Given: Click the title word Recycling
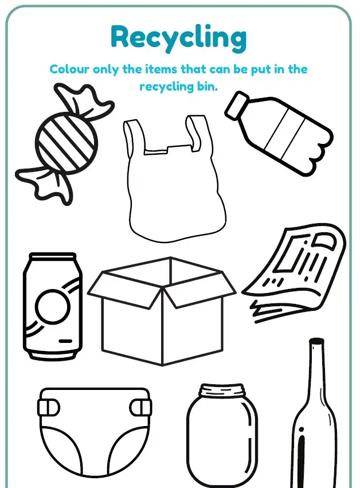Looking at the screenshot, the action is (179, 38).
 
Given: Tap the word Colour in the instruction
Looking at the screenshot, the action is (69, 69).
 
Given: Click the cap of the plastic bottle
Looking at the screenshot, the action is (237, 105).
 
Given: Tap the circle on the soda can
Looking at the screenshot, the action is (52, 306).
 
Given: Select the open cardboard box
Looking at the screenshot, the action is (162, 311).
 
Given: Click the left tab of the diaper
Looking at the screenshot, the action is (49, 407).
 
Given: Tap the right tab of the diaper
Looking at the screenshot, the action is (140, 407).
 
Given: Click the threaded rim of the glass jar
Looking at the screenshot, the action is (221, 391).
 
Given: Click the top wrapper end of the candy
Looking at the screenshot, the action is (83, 100).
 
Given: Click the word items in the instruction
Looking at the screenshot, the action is (161, 69).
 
